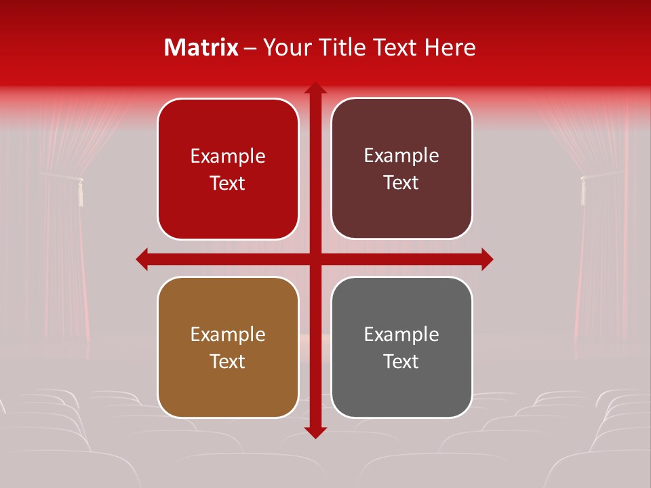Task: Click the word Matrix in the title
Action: click(201, 47)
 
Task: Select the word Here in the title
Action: click(450, 47)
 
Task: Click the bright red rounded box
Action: click(228, 169)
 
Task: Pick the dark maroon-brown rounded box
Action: click(401, 169)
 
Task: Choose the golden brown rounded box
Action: click(228, 347)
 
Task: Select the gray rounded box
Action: click(401, 347)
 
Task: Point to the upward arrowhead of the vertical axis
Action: click(315, 87)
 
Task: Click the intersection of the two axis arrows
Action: click(315, 259)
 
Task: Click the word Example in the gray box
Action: click(401, 334)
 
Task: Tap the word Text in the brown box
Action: click(228, 361)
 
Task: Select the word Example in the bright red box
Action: click(228, 157)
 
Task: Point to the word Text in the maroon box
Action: click(401, 183)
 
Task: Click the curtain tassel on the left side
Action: click(80, 192)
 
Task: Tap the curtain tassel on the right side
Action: click(582, 190)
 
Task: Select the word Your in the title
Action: click(284, 47)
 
